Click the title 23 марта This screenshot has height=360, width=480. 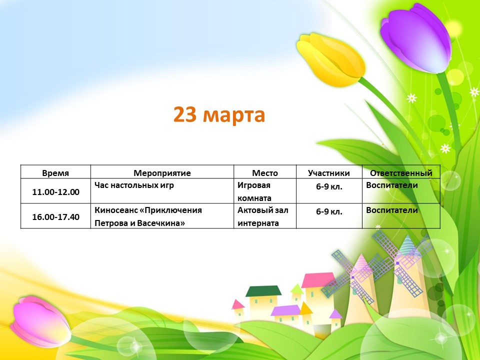pos(219,115)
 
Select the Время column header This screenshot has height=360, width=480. pos(55,173)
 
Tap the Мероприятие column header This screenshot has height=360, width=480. pos(162,173)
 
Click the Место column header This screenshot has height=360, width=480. pos(265,173)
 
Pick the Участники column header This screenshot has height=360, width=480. pos(329,173)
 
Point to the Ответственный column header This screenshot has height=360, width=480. pos(401,173)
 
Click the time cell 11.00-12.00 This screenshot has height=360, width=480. pos(55,192)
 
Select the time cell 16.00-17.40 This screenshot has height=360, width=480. pos(55,217)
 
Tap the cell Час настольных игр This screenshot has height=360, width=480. pos(134,185)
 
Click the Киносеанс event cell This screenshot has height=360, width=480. pos(148,216)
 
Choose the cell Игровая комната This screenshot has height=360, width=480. pos(254,191)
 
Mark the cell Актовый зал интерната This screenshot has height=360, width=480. pos(263,216)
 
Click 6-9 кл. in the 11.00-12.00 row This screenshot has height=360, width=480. pos(329,186)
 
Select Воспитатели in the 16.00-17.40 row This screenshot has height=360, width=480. pos(392,210)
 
